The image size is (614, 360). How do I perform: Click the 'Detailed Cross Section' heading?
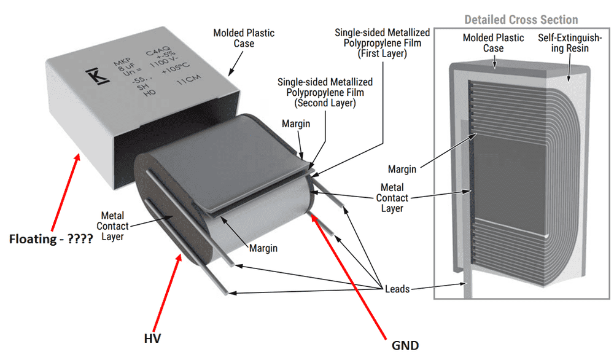pyautogui.click(x=521, y=20)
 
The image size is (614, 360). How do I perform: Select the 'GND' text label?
pyautogui.click(x=405, y=345)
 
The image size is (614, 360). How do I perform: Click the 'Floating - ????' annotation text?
pyautogui.click(x=51, y=239)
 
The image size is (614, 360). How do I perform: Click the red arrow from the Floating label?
pyautogui.click(x=65, y=191)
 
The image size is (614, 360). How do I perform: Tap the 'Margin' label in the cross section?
pyautogui.click(x=402, y=169)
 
